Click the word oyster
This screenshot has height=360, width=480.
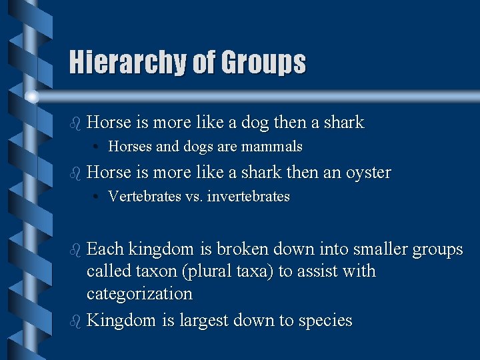[368, 173]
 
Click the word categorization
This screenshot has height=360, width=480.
[139, 294]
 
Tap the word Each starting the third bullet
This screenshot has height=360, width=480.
[105, 250]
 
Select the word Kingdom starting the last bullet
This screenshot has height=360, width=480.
[122, 321]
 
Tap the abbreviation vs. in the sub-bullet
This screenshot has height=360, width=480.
[194, 197]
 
